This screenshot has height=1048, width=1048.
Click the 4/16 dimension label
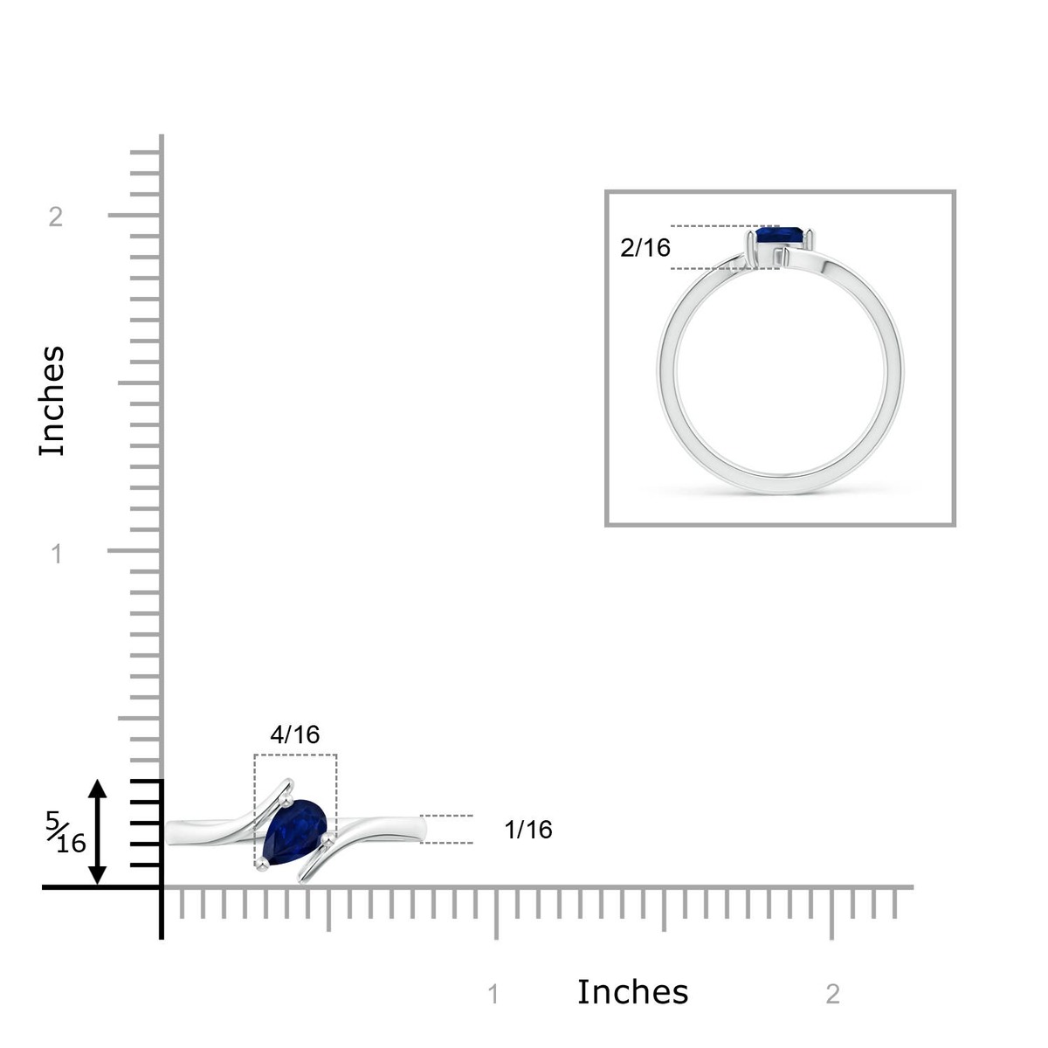(295, 734)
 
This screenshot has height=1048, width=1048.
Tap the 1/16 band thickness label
(527, 830)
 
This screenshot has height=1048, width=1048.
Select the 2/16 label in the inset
(645, 248)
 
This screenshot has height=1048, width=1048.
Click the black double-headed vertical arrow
(97, 832)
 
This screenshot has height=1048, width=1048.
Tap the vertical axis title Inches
(52, 401)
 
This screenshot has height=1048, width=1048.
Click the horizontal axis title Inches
(632, 991)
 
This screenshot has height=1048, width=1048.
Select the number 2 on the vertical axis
(56, 217)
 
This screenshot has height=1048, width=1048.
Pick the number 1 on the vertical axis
(57, 555)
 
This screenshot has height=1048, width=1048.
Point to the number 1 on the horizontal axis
(493, 995)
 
